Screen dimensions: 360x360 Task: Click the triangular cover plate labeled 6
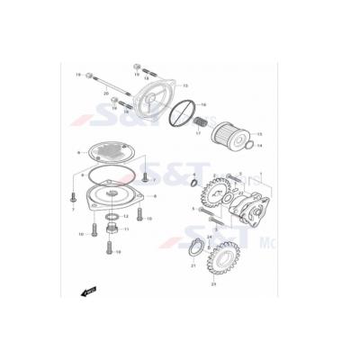[110, 197]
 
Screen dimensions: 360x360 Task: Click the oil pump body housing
[251, 215]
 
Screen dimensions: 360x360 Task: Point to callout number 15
[184, 85]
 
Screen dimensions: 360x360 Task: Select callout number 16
[203, 104]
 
